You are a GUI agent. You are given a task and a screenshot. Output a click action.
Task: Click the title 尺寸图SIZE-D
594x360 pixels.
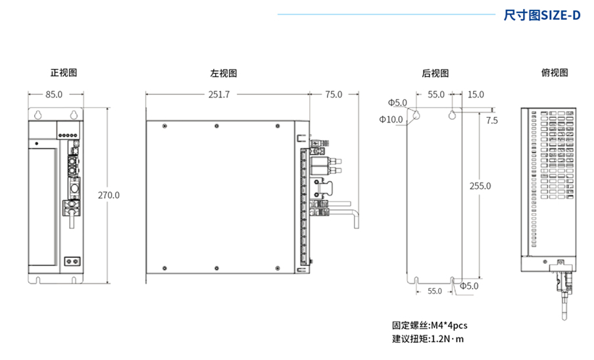coord(541,14)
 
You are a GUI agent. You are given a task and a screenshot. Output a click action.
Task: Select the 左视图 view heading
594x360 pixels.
coord(223,74)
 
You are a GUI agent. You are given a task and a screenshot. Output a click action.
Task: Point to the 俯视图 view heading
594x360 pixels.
coord(554,73)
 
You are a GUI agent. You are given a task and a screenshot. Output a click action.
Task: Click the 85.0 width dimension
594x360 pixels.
coord(53,94)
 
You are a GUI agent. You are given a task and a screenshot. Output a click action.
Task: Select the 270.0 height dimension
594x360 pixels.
coord(109,195)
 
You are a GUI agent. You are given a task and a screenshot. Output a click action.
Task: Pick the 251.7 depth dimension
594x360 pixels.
coord(218,94)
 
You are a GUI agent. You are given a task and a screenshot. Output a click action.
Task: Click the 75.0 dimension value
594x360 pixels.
coord(334,94)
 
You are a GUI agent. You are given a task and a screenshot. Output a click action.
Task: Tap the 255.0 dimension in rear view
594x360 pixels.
coord(480,186)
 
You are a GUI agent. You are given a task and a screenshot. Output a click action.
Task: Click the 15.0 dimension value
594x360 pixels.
coord(475,95)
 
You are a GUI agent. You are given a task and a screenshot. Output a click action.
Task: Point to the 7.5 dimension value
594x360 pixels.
coord(491,120)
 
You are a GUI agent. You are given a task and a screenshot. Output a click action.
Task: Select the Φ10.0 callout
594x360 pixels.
coord(391,119)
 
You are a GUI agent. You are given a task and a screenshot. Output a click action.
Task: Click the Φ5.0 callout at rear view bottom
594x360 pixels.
coord(468,286)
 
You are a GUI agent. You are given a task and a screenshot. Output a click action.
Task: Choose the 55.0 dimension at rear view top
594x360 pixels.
coord(435,95)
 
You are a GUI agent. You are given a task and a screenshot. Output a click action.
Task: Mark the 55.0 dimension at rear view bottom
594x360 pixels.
coord(434,291)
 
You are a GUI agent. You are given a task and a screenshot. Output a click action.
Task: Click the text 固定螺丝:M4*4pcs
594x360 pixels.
coord(429,325)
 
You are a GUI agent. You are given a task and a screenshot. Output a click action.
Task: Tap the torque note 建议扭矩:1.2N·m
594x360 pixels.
coord(428,339)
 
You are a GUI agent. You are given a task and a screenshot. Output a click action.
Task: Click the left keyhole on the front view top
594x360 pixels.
coord(39,114)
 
